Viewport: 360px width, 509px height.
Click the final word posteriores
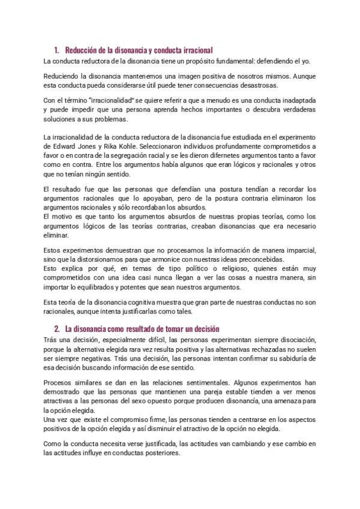[162, 454]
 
